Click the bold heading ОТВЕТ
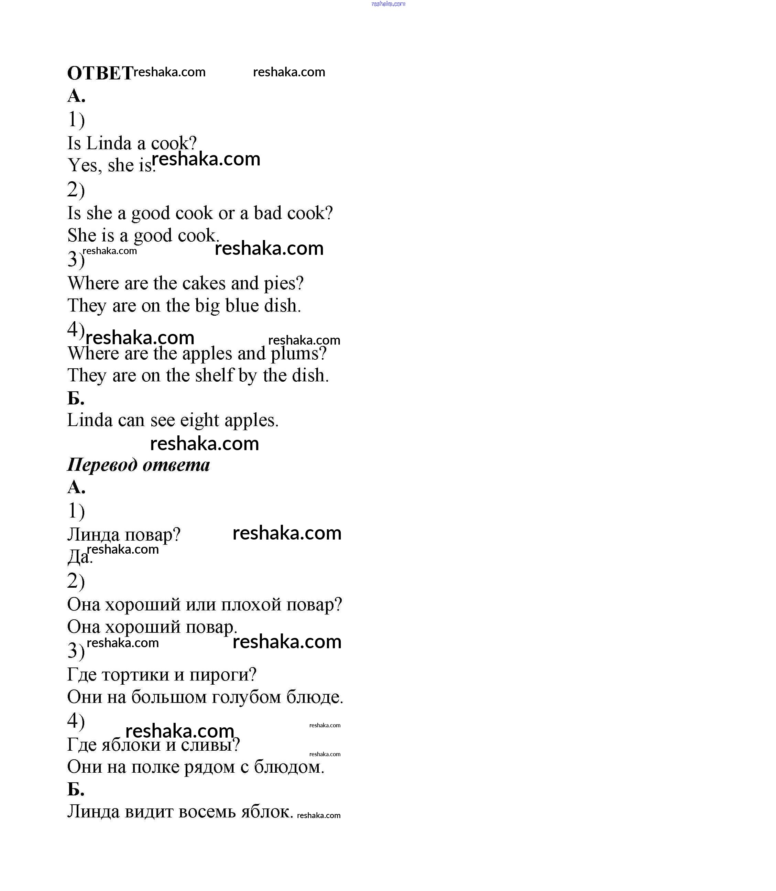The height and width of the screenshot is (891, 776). coord(100,73)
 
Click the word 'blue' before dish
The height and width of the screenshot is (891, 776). coord(242,305)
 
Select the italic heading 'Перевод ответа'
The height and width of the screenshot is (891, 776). coord(139,465)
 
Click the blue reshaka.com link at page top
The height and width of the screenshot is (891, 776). coord(388,4)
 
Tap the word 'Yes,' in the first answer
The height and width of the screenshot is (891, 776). coord(85,165)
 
